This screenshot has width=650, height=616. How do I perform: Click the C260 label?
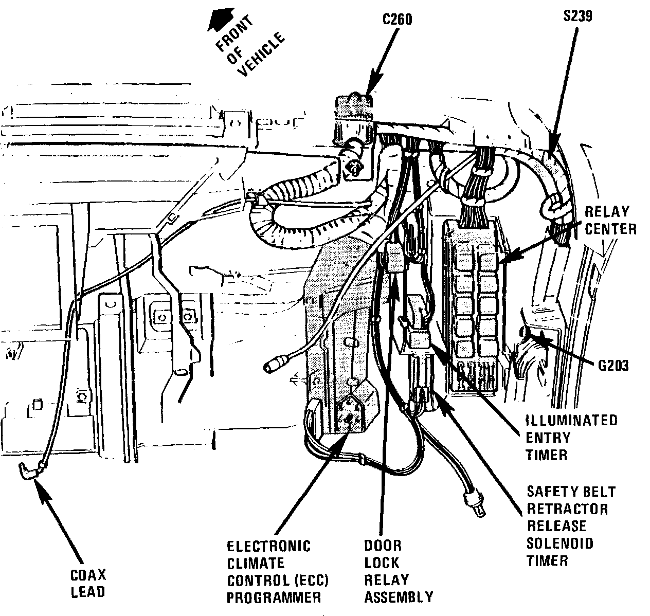397,20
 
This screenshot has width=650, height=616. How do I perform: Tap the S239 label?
577,16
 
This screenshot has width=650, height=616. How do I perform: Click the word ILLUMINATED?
571,420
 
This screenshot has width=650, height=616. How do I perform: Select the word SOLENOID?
559,542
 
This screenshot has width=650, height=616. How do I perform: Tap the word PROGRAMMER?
274,597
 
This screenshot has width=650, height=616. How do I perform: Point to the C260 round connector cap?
354,103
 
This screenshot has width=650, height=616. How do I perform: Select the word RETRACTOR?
567,509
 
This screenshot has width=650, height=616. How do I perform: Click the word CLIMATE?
256,563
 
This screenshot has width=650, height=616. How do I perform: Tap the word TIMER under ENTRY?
546,455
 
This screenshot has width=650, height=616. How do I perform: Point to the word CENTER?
610,229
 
